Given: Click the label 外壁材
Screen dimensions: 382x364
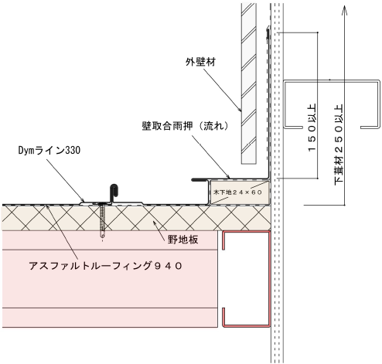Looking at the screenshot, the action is [200, 62].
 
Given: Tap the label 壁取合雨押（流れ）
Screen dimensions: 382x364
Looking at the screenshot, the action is [185, 126].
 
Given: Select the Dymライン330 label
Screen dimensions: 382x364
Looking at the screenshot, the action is [49, 150].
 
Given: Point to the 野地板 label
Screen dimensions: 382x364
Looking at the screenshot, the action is [183, 240].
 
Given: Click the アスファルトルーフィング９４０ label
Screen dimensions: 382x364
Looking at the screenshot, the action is [106, 266].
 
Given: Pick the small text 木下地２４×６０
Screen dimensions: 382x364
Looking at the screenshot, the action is [237, 192].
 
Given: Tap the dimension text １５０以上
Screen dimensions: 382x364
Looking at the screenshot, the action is [312, 128].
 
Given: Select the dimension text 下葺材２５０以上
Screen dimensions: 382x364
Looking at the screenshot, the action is [339, 145].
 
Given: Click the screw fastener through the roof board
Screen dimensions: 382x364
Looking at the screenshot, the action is [103, 220].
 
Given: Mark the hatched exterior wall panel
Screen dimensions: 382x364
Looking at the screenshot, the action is [249, 83].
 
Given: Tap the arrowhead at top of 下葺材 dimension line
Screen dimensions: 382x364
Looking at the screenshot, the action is [344, 10].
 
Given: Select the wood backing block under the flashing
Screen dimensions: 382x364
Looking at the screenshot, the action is [240, 192].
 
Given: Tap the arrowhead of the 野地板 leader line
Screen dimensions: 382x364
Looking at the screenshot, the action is [155, 223].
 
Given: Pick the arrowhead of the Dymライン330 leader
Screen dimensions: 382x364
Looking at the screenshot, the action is [83, 200].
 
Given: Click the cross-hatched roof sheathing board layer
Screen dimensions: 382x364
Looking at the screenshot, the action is [136, 218].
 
